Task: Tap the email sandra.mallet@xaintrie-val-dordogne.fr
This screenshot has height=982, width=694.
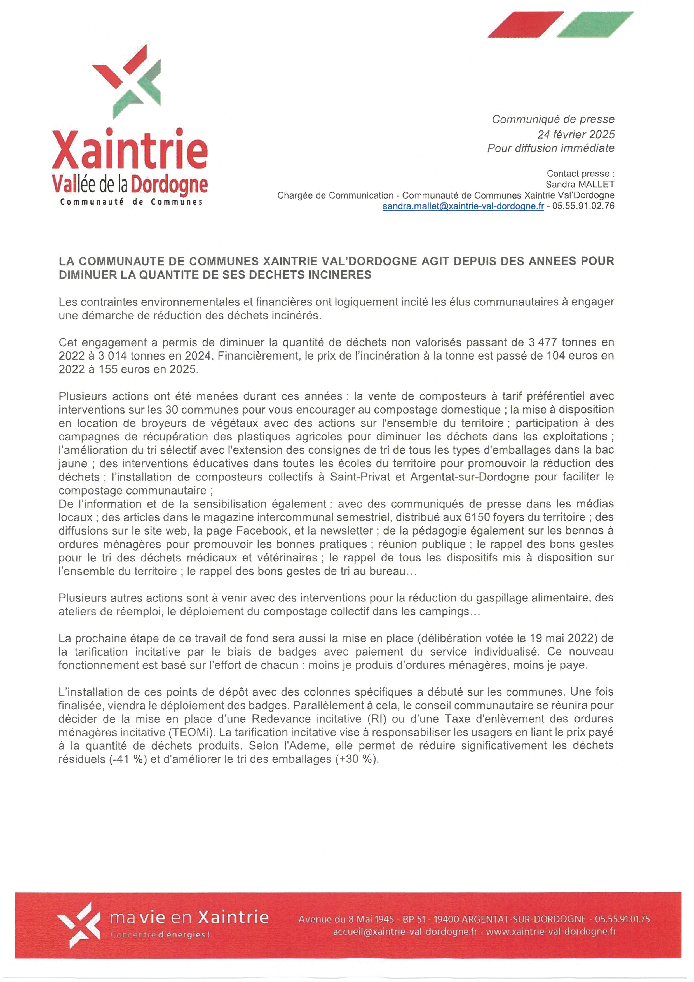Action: click(x=463, y=206)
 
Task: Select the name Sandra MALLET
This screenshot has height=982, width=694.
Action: click(x=580, y=184)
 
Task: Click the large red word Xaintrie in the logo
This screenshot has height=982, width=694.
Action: click(x=130, y=151)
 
